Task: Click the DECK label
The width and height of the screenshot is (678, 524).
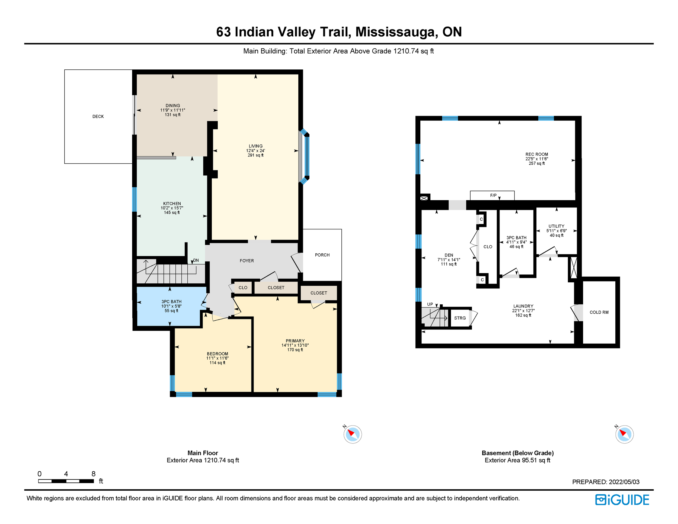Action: pyautogui.click(x=98, y=116)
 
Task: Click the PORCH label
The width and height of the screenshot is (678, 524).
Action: pyautogui.click(x=322, y=255)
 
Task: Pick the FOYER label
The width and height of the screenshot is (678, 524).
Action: pyautogui.click(x=247, y=261)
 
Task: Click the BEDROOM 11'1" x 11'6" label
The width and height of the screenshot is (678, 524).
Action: pyautogui.click(x=217, y=358)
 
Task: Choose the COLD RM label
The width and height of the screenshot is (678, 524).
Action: pyautogui.click(x=599, y=312)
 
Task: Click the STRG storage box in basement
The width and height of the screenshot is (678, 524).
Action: pyautogui.click(x=460, y=318)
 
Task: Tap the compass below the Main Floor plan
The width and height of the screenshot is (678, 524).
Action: pyautogui.click(x=353, y=434)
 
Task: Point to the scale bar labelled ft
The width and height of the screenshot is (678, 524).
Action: pyautogui.click(x=66, y=481)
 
